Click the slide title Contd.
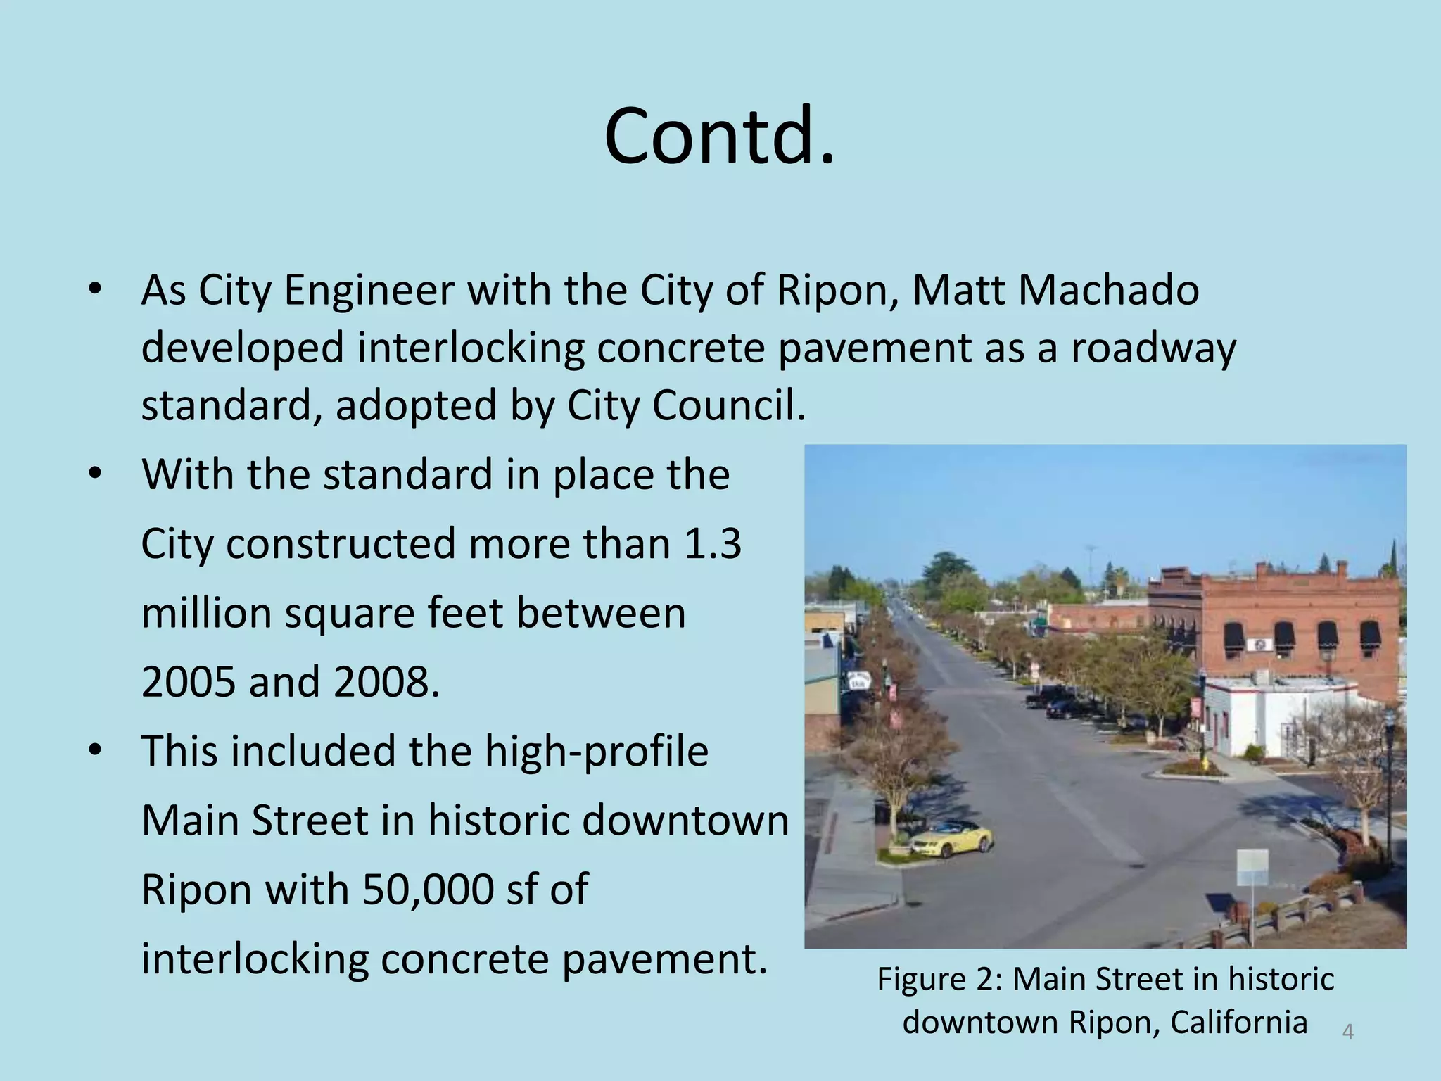[x=719, y=135]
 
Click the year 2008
[x=386, y=682]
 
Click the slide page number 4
[x=1347, y=1032]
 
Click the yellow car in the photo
[x=950, y=838]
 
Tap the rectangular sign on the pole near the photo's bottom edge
[x=1252, y=868]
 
